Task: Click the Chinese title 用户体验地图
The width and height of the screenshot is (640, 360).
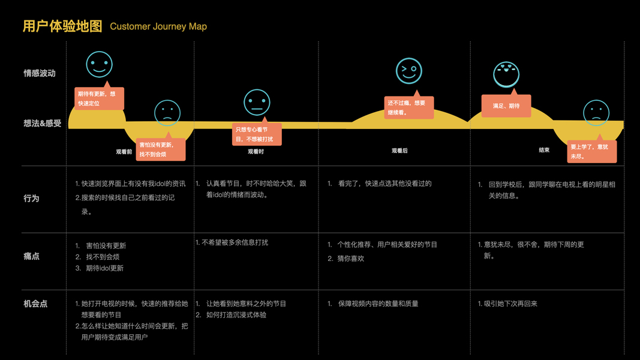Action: point(62,26)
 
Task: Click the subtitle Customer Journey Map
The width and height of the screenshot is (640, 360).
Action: point(158,26)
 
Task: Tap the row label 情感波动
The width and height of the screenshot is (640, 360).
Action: point(40,73)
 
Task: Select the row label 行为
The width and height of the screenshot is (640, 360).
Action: point(31,198)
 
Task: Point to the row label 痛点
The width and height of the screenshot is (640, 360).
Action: point(31,256)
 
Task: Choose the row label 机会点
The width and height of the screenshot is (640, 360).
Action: point(35,304)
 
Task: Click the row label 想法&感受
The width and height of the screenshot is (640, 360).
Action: point(42,123)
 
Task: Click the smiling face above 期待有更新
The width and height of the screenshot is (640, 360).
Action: point(99,64)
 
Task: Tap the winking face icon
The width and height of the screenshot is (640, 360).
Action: point(409,71)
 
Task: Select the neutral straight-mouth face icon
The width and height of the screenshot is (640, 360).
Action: point(257,103)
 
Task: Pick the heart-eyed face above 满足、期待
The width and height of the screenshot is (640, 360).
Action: point(506,74)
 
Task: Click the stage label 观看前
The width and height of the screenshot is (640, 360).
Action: point(124,151)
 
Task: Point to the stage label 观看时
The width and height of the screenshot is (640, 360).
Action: point(256,151)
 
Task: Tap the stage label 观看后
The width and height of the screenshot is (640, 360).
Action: point(399,151)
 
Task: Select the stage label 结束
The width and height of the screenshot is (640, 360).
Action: point(544,150)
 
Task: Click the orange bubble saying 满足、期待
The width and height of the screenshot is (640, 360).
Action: point(506,106)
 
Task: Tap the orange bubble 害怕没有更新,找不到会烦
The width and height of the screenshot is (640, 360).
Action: point(161,149)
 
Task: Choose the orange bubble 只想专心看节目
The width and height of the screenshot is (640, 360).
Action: point(257,134)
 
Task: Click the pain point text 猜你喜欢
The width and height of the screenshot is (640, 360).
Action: point(350,259)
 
